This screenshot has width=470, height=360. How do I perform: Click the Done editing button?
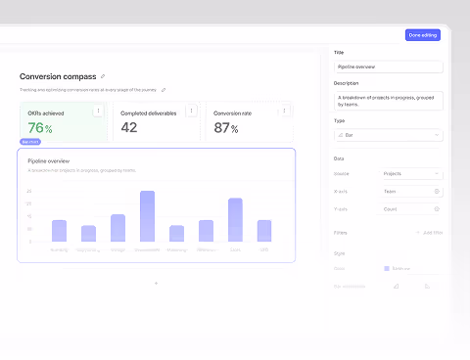tap(423, 35)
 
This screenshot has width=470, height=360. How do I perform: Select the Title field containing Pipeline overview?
tap(388, 67)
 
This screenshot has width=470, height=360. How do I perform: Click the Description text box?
tap(388, 100)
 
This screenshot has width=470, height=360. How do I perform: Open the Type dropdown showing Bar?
tap(388, 135)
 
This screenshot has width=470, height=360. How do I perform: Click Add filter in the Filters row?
tap(429, 233)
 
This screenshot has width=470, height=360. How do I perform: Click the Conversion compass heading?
tap(57, 75)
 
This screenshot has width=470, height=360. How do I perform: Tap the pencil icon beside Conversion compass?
tap(103, 75)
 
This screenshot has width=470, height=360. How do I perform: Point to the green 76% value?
tap(40, 128)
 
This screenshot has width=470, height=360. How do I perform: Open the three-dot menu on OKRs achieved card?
tap(98, 112)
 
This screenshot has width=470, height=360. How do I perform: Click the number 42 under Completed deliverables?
tap(128, 128)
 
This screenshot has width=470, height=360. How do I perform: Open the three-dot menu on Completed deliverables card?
tap(191, 112)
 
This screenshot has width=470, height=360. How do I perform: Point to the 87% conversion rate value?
tap(226, 128)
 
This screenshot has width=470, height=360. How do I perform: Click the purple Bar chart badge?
tap(29, 142)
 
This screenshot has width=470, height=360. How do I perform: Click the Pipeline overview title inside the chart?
tap(48, 159)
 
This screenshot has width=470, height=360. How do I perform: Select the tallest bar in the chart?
tap(147, 215)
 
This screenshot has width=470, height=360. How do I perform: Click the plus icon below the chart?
tap(156, 284)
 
